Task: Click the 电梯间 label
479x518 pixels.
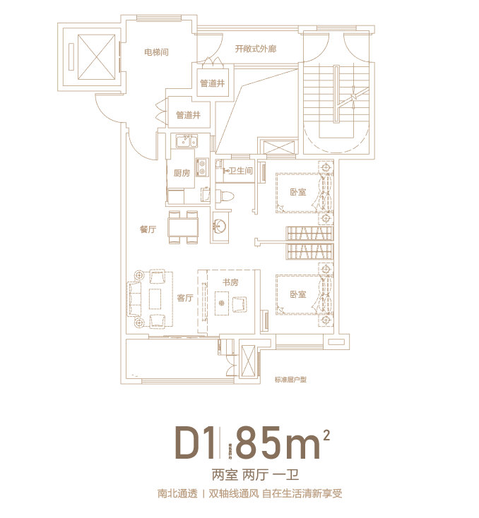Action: click(155, 52)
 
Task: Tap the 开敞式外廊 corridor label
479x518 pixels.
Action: click(255, 49)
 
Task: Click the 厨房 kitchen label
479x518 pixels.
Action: click(182, 173)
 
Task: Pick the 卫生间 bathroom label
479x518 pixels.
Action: click(240, 170)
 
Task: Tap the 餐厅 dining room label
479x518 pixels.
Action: click(148, 229)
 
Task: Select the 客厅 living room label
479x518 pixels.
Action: click(185, 298)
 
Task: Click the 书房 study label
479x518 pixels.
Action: click(231, 282)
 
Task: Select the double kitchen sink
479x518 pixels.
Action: click(185, 141)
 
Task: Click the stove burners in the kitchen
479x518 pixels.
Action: click(201, 167)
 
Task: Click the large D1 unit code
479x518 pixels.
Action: click(194, 445)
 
